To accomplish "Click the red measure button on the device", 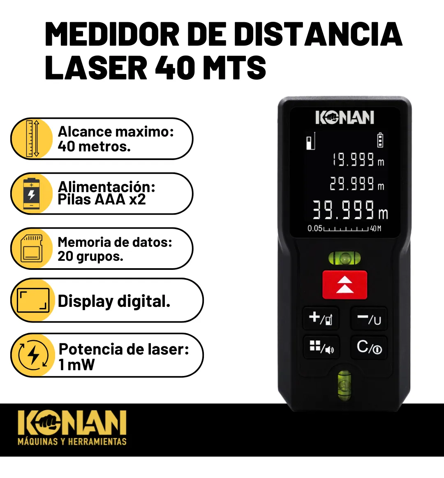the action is pyautogui.click(x=345, y=285).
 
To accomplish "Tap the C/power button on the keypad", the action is pyautogui.click(x=369, y=347).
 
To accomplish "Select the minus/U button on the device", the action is pyautogui.click(x=369, y=319).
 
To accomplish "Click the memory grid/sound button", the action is pyautogui.click(x=321, y=347).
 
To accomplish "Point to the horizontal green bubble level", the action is pyautogui.click(x=345, y=258).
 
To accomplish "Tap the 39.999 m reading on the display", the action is pyautogui.click(x=350, y=210).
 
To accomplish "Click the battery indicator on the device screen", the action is pyautogui.click(x=380, y=140).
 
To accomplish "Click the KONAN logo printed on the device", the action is pyautogui.click(x=345, y=118).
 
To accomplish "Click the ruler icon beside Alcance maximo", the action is pyautogui.click(x=32, y=139).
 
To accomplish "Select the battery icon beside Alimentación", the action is pyautogui.click(x=31, y=194).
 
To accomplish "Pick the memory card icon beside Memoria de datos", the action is pyautogui.click(x=31, y=248).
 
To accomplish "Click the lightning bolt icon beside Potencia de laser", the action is pyautogui.click(x=33, y=355).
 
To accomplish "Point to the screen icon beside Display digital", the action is pyautogui.click(x=33, y=300).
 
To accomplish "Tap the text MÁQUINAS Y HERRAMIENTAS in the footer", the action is pyautogui.click(x=72, y=442).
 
